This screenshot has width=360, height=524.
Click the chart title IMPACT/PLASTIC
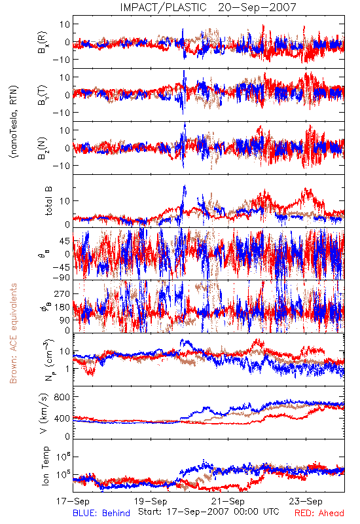coord(163,7)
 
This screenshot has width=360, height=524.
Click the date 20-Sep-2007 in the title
coord(257,7)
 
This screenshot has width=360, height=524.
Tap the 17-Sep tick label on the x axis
coord(73,501)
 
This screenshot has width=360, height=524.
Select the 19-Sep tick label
coord(151,501)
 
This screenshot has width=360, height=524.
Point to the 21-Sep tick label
coord(228,501)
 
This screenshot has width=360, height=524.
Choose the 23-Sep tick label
coord(306,501)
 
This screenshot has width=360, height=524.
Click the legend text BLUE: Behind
coord(101,514)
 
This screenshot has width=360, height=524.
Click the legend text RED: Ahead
coord(319,514)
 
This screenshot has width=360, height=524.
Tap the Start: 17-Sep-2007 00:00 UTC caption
coord(209,512)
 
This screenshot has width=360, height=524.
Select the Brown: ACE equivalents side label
coord(13,333)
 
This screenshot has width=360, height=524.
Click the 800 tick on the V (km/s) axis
coord(62,397)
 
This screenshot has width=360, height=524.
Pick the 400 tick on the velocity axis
coord(62,418)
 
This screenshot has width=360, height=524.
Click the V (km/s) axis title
coord(44,413)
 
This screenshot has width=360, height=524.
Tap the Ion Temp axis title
coord(45,466)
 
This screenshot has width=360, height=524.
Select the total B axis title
coord(48,201)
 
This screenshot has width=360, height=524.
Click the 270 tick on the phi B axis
coord(62,293)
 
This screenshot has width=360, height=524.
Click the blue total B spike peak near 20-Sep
coord(185,186)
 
